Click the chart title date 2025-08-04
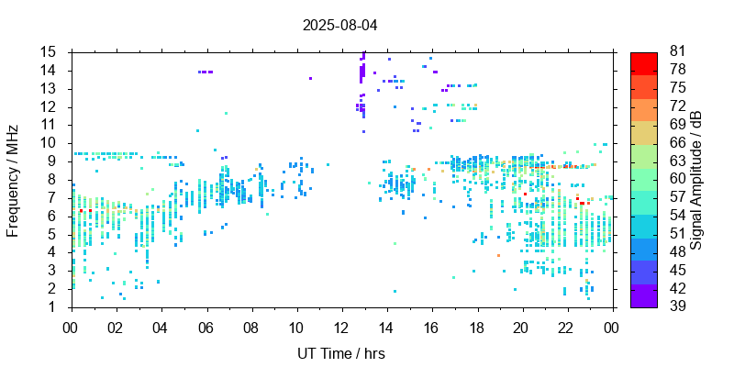click(339, 25)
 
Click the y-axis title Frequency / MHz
click(13, 179)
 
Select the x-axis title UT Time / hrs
click(340, 353)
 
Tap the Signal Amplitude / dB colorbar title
click(696, 179)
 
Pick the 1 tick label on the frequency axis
click(54, 306)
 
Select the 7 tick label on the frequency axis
click(54, 197)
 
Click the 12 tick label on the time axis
click(341, 327)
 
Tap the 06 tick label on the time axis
click(206, 327)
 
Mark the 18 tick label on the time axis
click(477, 327)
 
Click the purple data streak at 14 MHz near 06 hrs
click(206, 72)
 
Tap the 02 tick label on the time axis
click(116, 327)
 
